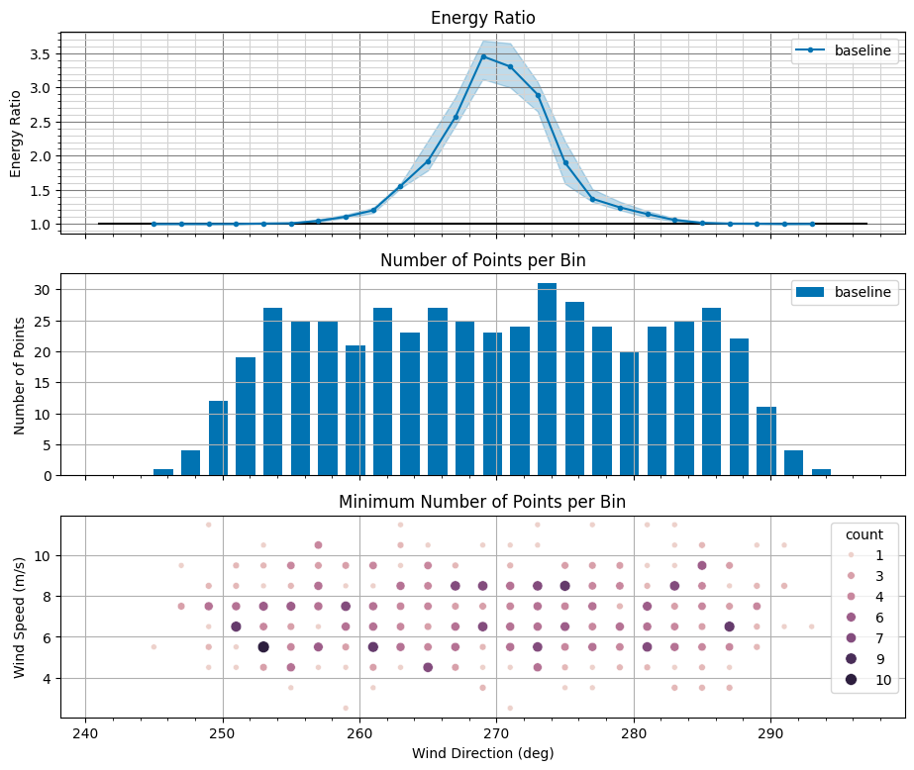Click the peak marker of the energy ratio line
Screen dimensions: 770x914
click(483, 56)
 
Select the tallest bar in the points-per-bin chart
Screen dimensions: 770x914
click(547, 379)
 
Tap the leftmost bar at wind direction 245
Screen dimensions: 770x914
click(163, 472)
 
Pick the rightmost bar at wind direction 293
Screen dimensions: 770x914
click(821, 472)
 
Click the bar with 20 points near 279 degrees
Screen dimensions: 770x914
click(629, 414)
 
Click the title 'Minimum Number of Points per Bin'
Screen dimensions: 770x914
click(482, 502)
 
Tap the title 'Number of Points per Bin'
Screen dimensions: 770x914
click(482, 260)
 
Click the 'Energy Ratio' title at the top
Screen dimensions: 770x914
click(482, 18)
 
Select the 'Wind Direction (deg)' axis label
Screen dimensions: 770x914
click(482, 753)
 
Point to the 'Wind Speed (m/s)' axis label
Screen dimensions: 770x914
click(20, 616)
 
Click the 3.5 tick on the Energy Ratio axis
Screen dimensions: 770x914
click(40, 53)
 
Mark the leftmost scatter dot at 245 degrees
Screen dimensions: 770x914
click(153, 646)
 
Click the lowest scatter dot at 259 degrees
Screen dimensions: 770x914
click(346, 708)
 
